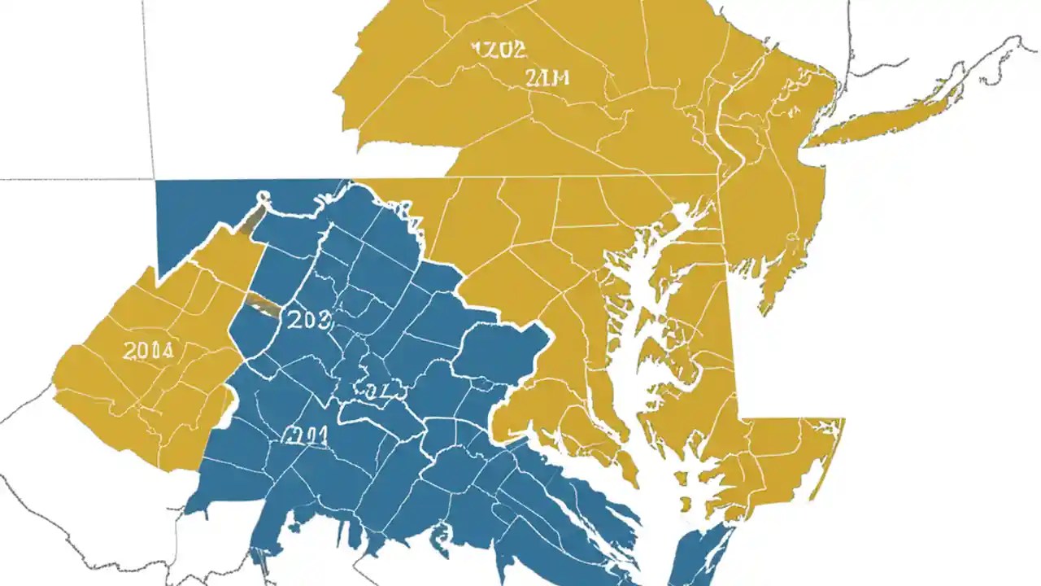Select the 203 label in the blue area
coord(309,320)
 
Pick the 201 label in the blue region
coord(305,436)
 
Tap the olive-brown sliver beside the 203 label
coord(262,306)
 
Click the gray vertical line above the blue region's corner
coord(149,90)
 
